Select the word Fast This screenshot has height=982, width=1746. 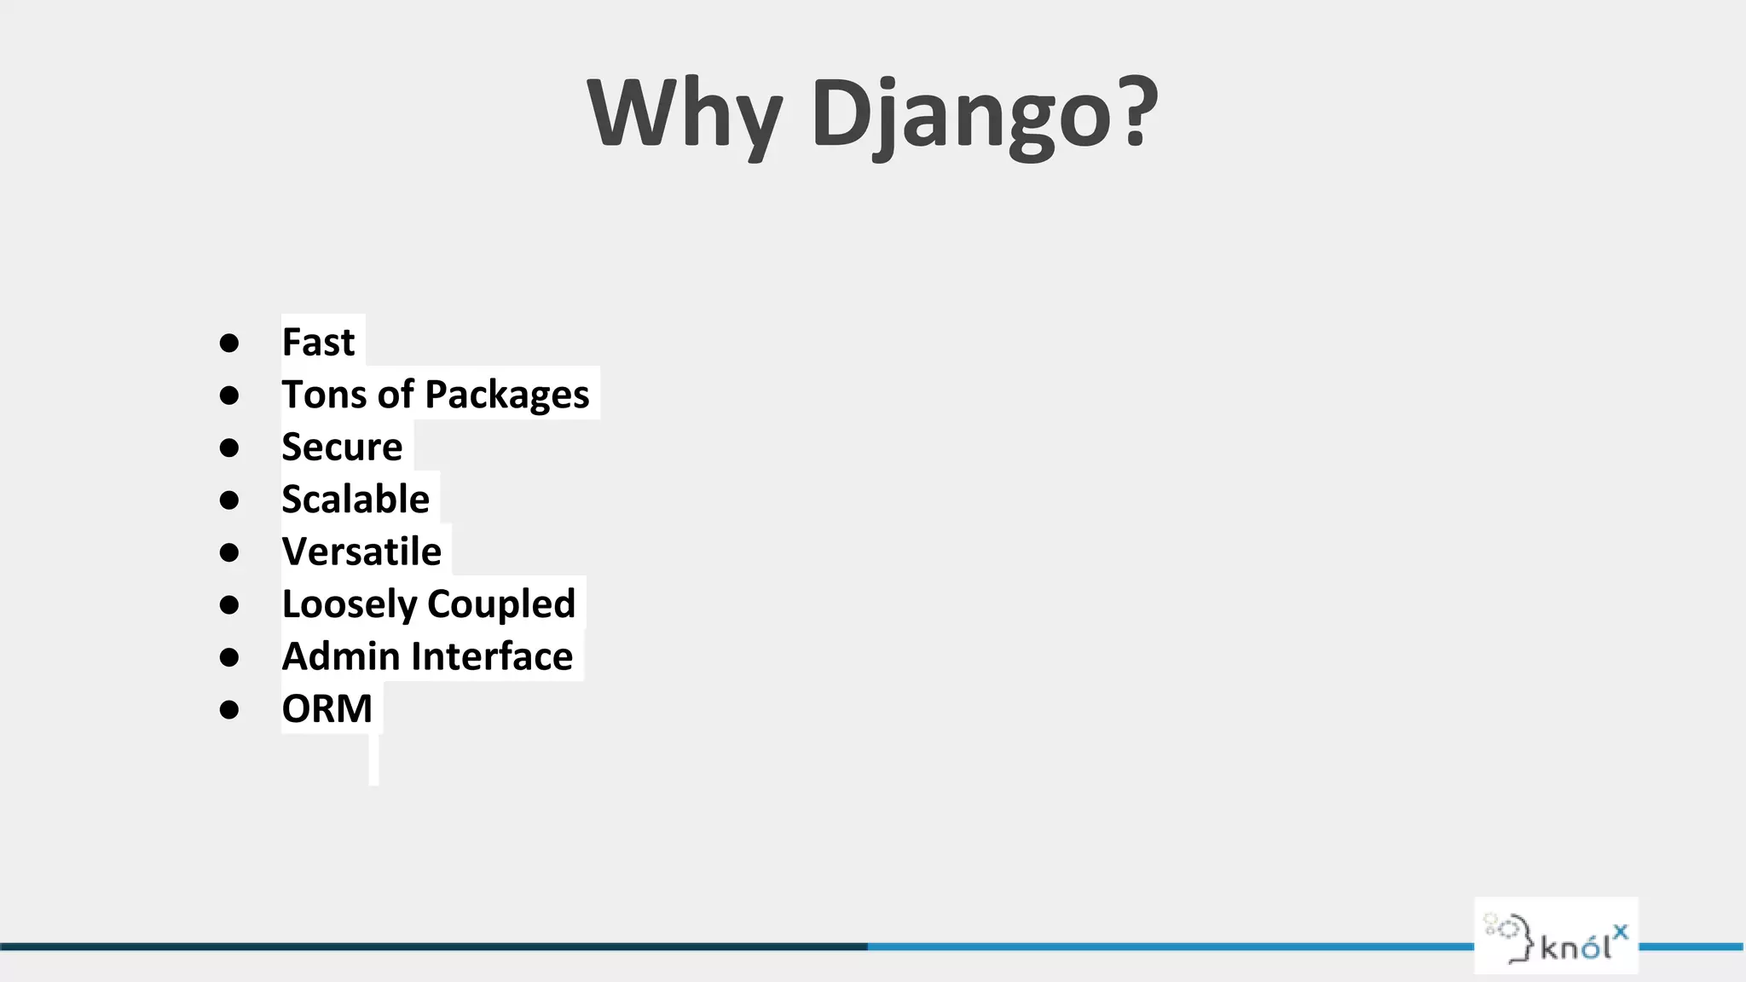(318, 342)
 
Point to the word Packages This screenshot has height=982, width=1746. (506, 395)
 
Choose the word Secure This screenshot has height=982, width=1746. (342, 447)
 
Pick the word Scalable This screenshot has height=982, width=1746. (356, 500)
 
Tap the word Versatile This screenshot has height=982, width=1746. (361, 552)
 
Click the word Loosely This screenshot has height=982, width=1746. (348, 604)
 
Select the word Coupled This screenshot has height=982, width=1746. (501, 604)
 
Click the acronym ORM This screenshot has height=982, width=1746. (327, 708)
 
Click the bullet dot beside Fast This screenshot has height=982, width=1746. (228, 343)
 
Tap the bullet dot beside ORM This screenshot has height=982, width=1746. (228, 709)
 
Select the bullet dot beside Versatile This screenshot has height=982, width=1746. (228, 552)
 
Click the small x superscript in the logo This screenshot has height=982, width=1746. (1620, 931)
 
